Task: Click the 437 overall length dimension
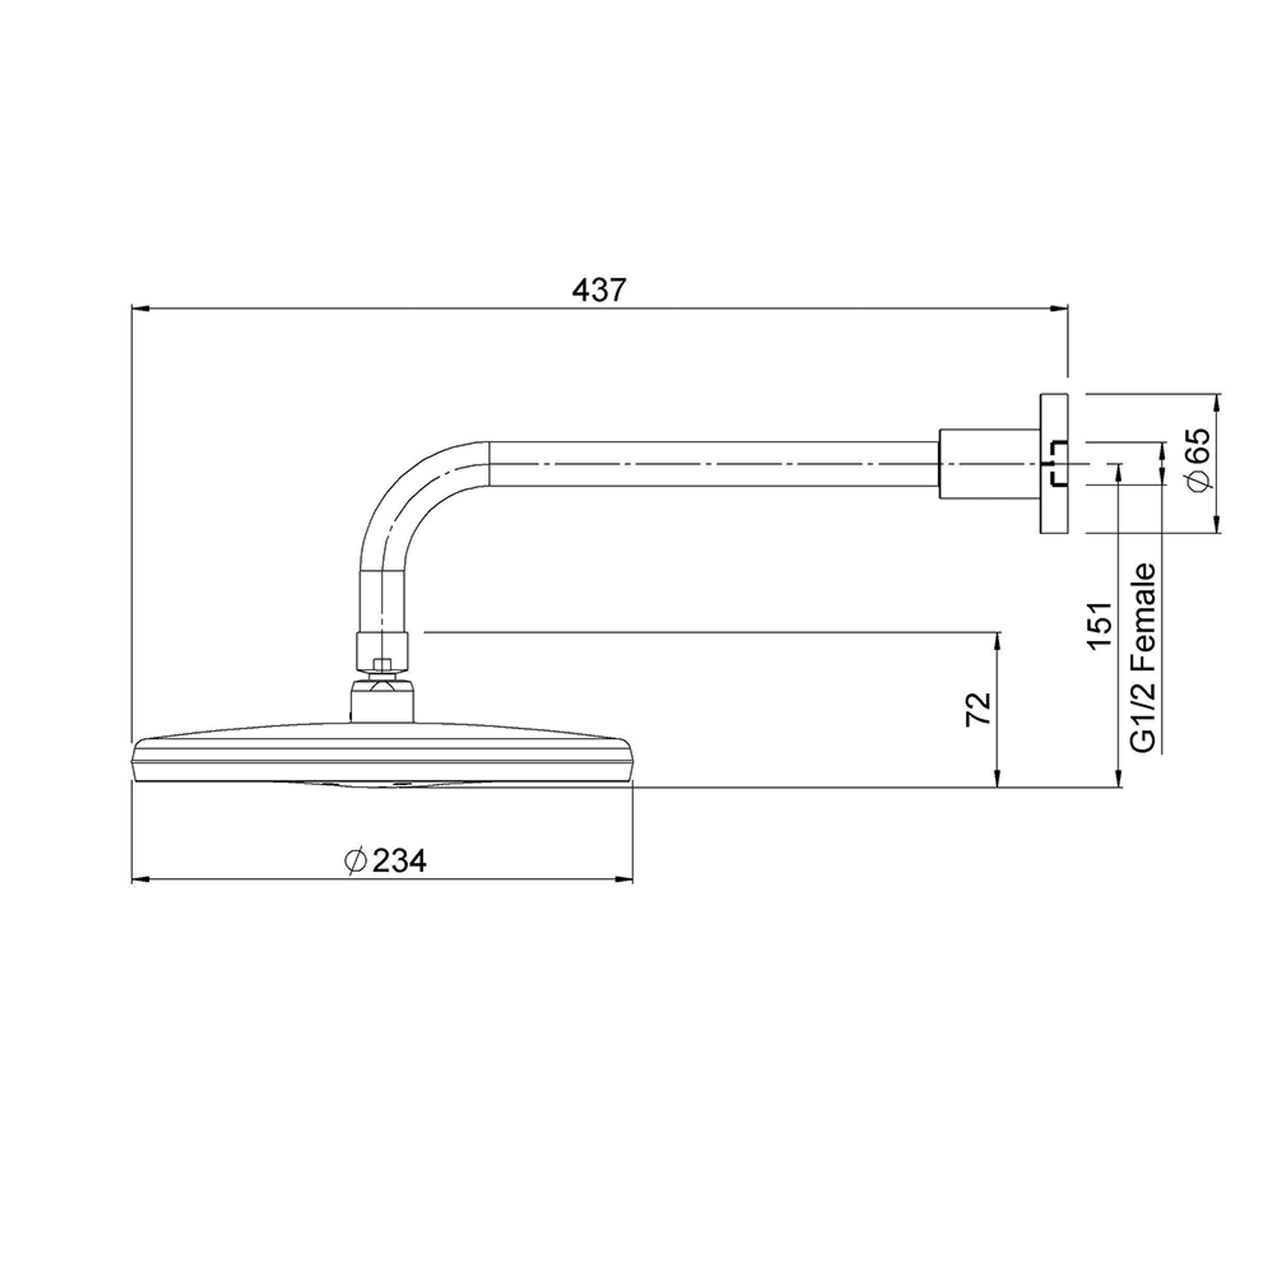[x=599, y=290]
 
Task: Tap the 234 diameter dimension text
[x=399, y=860]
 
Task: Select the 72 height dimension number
[x=979, y=708]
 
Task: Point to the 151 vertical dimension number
[x=1099, y=625]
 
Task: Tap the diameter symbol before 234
[x=355, y=860]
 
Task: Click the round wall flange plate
[x=1054, y=463]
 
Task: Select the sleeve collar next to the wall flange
[x=988, y=464]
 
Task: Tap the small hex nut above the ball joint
[x=383, y=666]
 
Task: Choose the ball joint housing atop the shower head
[x=382, y=701]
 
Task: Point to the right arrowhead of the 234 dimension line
[x=626, y=880]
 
